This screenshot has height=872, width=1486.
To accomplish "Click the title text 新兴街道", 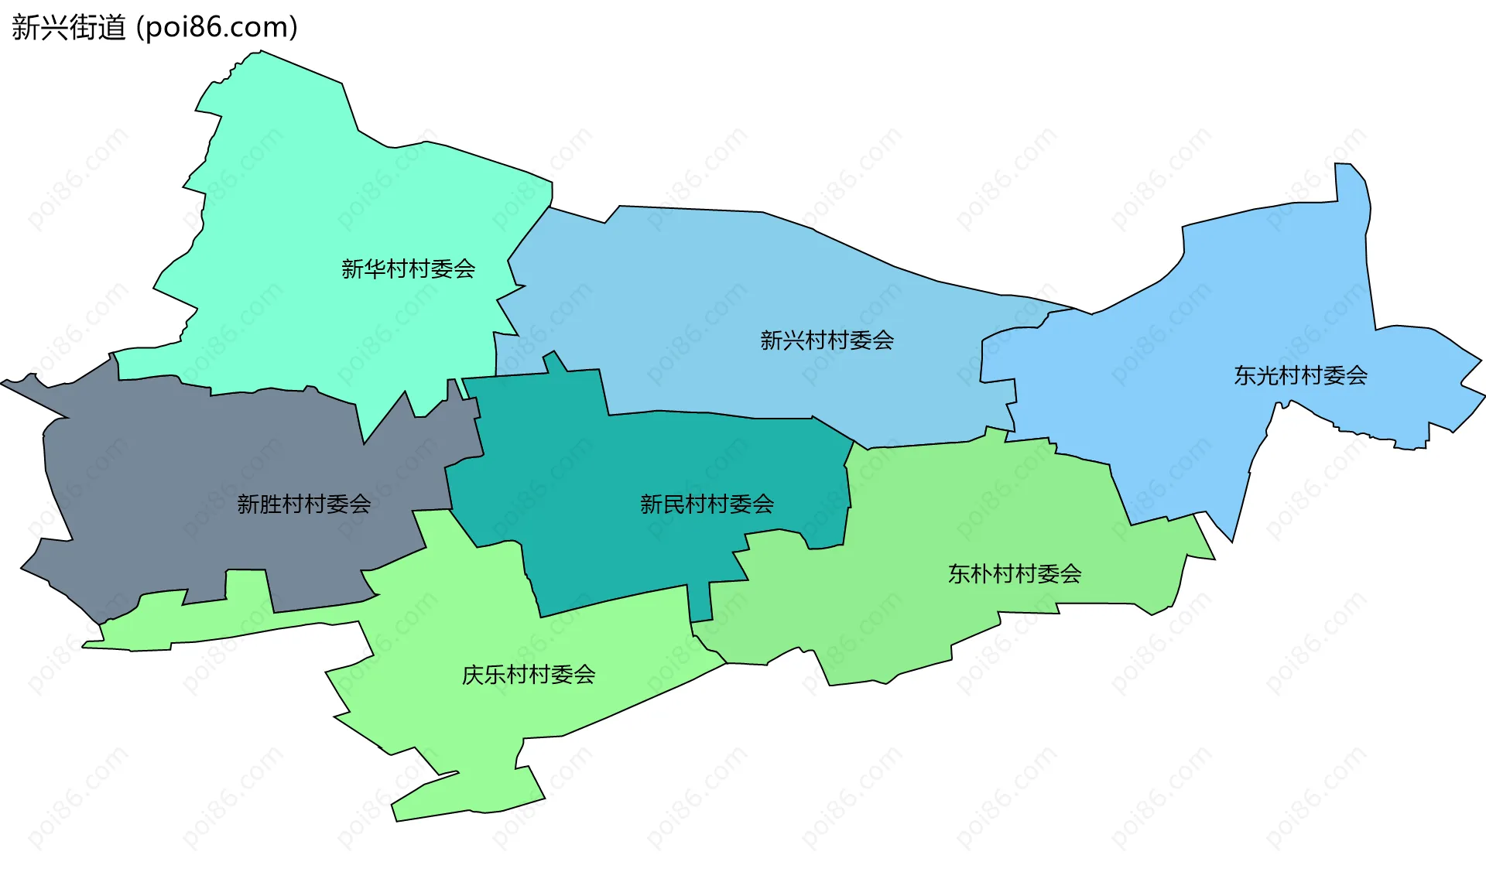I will point(68,28).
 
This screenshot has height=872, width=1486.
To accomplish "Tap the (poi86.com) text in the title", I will point(217,28).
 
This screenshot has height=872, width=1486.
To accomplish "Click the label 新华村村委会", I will point(408,268).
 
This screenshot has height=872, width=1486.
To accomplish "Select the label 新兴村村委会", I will point(827,340).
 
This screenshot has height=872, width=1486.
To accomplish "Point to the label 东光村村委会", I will point(1300,375).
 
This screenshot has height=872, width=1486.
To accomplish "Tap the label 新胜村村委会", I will point(303,504).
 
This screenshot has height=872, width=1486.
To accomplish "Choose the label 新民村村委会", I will point(707,504).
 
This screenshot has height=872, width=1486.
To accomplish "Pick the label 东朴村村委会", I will point(1015,573).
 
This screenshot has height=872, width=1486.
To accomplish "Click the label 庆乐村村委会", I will point(529,675).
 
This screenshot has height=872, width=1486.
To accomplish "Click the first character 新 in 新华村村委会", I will point(352,268).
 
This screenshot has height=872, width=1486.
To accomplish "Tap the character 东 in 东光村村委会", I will point(1245,375).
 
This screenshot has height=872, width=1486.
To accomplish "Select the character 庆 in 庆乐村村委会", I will point(473,675).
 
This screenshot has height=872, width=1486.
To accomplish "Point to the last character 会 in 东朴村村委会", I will point(1071,573).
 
